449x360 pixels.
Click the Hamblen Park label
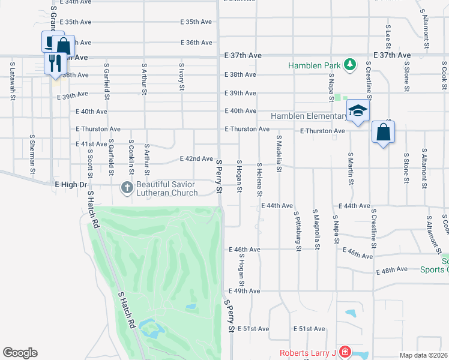pyautogui.click(x=314, y=65)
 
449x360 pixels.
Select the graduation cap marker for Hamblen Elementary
pyautogui.click(x=358, y=111)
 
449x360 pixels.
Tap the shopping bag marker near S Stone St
pyautogui.click(x=383, y=133)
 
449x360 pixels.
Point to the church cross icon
pyautogui.click(x=127, y=188)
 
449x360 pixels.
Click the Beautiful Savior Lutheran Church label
pyautogui.click(x=167, y=188)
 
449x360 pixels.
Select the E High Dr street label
pyautogui.click(x=71, y=185)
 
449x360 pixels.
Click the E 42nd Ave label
pyautogui.click(x=197, y=159)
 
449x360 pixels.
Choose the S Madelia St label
pyautogui.click(x=279, y=153)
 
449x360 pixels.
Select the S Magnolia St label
pyautogui.click(x=315, y=228)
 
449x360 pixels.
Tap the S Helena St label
pyautogui.click(x=259, y=179)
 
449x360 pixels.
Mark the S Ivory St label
pyautogui.click(x=181, y=77)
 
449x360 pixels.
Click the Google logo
pyautogui.click(x=20, y=353)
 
